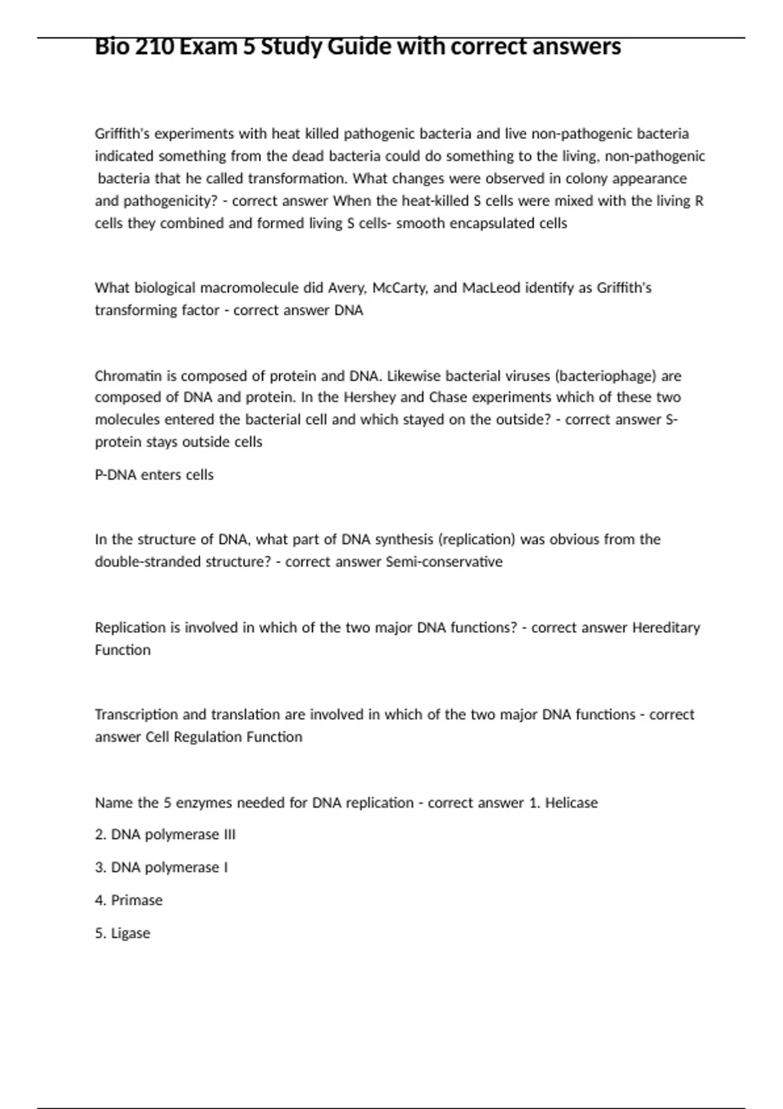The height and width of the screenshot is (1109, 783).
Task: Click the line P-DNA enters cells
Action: [154, 475]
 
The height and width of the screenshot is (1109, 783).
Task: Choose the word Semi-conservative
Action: [444, 562]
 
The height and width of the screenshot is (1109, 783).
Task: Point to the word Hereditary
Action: [666, 628]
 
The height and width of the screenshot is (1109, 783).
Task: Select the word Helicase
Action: [571, 802]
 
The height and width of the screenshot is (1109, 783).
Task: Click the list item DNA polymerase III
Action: [165, 834]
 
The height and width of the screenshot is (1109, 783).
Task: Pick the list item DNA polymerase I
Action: [161, 868]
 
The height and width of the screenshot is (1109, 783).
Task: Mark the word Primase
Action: [136, 900]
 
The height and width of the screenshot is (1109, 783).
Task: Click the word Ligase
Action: [130, 934]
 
